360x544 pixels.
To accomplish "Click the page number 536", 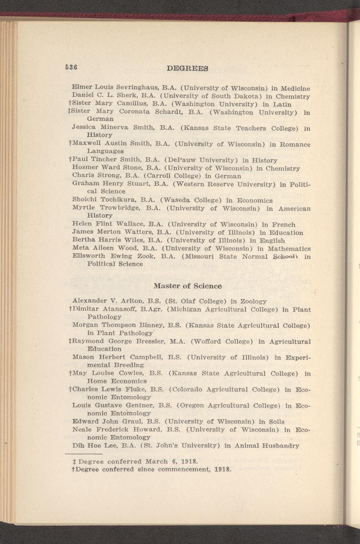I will click(71, 67).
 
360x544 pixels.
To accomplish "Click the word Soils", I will click(275, 421).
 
